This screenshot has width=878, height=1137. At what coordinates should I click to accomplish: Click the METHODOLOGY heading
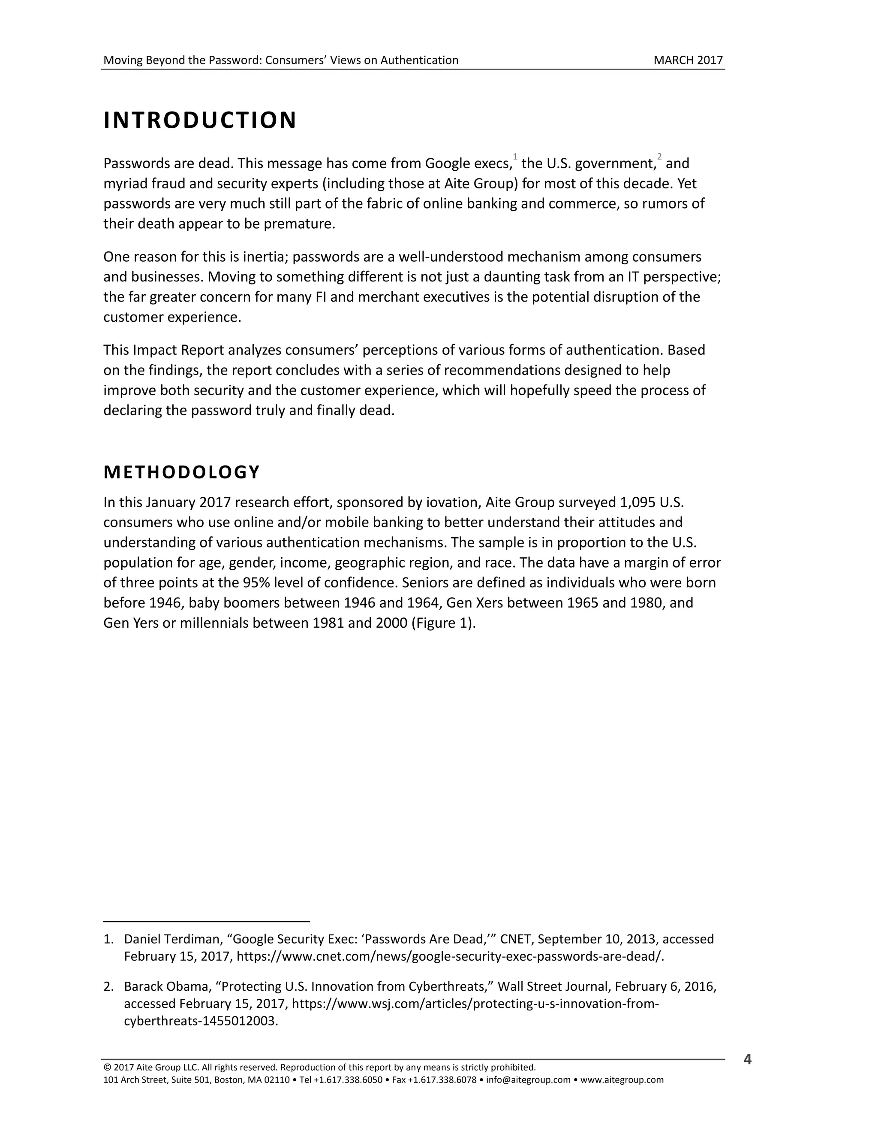[x=181, y=472]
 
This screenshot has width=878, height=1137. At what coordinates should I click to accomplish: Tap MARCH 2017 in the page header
[x=688, y=60]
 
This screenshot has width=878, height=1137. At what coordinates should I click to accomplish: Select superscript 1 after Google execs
[x=515, y=157]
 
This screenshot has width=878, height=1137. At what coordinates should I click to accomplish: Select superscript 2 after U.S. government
[x=659, y=157]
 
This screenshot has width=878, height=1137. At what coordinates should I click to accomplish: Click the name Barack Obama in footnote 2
[x=165, y=986]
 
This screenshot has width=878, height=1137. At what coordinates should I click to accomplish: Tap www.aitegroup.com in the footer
[x=622, y=1080]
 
